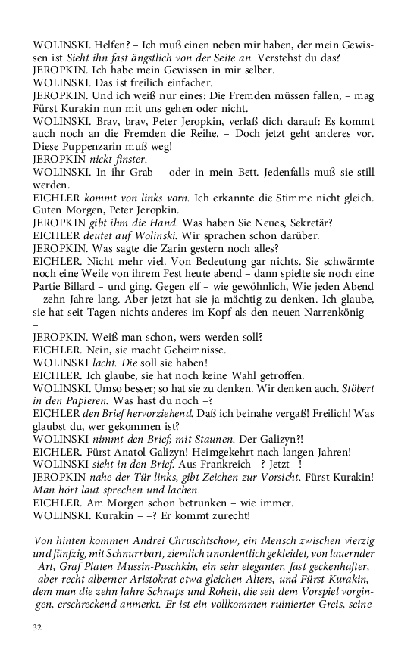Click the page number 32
37,628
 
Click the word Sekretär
309,220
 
